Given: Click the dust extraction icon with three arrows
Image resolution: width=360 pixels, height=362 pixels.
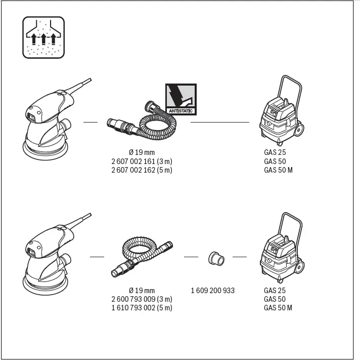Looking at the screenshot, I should [x=44, y=37].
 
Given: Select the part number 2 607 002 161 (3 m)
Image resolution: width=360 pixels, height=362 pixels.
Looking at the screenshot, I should [x=142, y=161].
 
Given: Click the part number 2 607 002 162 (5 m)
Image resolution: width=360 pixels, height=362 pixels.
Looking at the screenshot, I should [x=142, y=170].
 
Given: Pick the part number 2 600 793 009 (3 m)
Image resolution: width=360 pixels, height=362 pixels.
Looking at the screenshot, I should [x=142, y=299].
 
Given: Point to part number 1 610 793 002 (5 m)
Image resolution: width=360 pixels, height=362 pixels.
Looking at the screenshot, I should [x=142, y=308].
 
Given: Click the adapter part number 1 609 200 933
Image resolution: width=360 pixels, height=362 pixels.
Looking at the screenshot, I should [x=212, y=291].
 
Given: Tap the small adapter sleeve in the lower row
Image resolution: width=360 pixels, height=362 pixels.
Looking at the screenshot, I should [x=216, y=259].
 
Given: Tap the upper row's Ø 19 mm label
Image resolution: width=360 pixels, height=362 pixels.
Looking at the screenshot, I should [x=142, y=152].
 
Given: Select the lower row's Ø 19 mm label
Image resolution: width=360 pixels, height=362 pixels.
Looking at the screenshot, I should [x=142, y=291].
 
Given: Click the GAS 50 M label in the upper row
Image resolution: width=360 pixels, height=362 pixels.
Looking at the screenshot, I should [x=278, y=170].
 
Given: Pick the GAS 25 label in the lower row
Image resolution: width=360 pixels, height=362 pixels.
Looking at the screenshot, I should [x=275, y=291].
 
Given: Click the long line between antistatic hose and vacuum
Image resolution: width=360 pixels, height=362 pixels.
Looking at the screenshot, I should [x=220, y=122].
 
